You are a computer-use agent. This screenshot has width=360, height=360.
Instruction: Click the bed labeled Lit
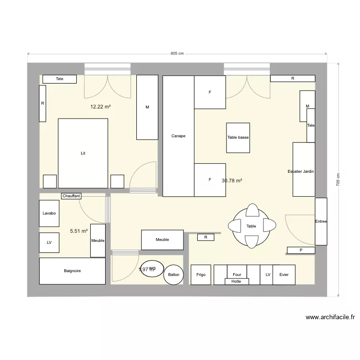pos(83,154)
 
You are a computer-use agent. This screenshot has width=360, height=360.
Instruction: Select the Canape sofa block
pos(178,136)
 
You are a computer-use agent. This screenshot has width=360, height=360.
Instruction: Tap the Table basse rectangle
pos(238,138)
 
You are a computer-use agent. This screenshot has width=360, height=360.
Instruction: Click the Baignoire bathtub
pos(72,271)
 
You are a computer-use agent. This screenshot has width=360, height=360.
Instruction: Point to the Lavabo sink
pos(49,213)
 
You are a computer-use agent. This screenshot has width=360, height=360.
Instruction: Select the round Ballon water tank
pos(173,275)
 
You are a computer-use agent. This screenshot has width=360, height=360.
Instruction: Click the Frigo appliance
pos(201,275)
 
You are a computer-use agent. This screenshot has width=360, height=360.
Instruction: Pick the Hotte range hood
pos(236,281)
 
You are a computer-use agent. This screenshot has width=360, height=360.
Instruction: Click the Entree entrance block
pos(321,221)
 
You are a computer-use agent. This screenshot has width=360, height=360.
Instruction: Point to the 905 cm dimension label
pos(177,54)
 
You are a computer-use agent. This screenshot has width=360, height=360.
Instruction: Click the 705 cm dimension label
pos(338,180)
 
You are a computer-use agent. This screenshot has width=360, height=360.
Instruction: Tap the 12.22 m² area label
pos(100,107)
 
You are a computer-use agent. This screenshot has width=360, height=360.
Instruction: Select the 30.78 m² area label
pos(232,180)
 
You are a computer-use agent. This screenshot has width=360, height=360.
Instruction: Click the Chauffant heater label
pos(71,196)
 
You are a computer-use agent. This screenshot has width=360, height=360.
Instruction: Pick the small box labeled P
pos(301,250)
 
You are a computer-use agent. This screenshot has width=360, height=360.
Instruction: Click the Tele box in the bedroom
pos(60,79)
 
